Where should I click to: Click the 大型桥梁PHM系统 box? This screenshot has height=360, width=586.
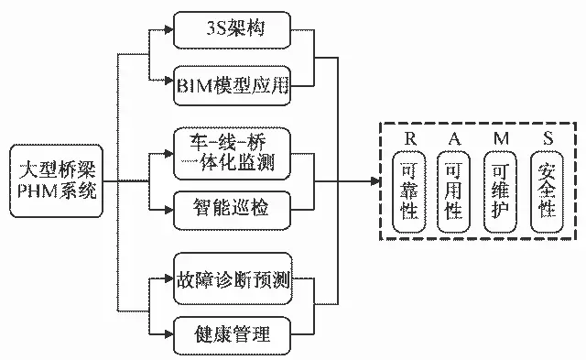point(56,180)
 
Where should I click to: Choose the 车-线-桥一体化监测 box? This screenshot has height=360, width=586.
point(232,152)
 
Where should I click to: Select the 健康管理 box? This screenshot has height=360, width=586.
point(232,333)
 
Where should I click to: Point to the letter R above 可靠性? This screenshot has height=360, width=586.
point(410,137)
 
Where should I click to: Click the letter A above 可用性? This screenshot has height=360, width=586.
point(454,137)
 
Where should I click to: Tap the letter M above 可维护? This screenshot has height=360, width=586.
point(501,137)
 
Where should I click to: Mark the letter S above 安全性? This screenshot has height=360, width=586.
point(547,137)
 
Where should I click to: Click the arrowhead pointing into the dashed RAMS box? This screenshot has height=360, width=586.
point(375,180)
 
